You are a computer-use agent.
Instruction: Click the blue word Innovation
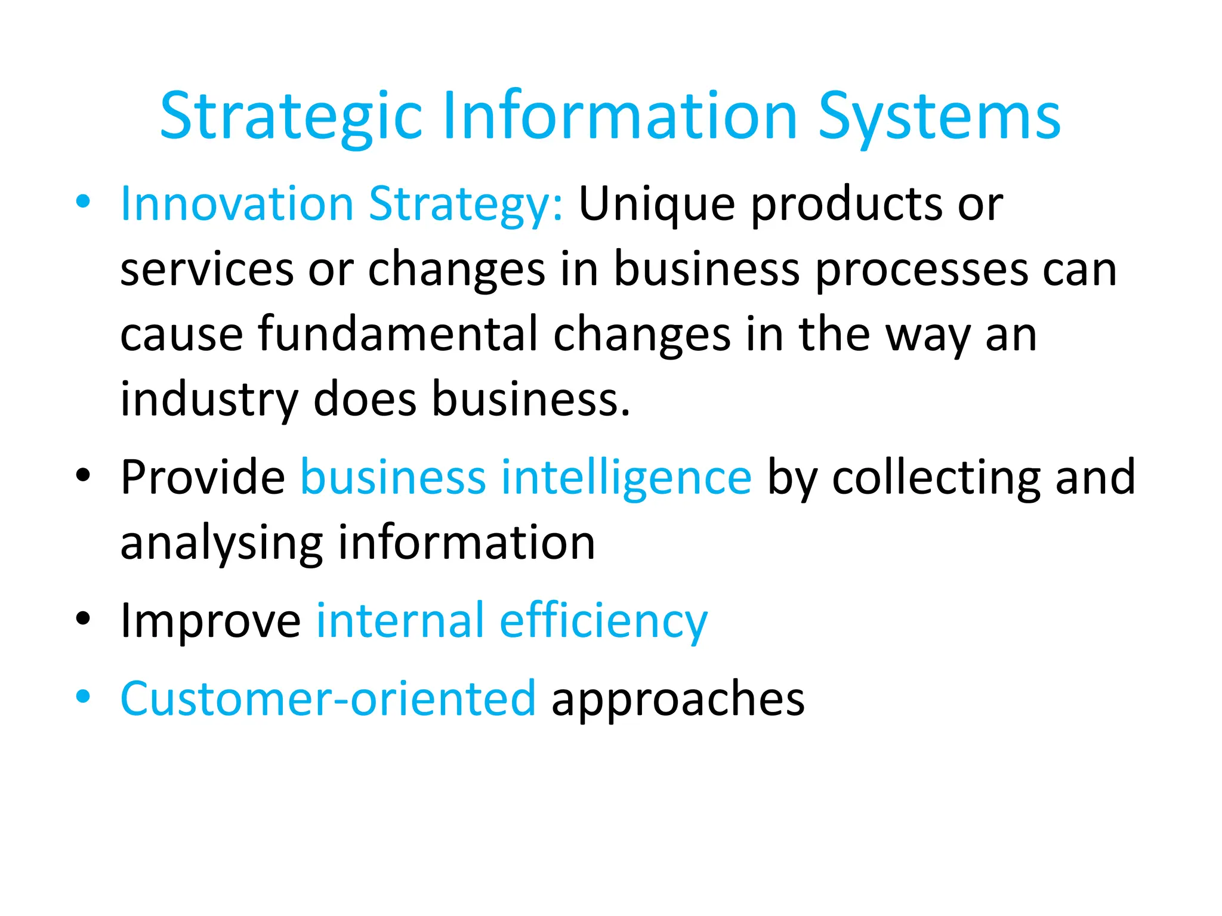click(x=237, y=204)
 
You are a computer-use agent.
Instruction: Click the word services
click(x=207, y=270)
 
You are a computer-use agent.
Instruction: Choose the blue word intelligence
click(x=626, y=478)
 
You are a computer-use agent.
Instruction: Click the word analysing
click(x=221, y=544)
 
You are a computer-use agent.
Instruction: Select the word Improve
click(x=211, y=621)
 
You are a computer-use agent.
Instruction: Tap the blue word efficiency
click(x=603, y=621)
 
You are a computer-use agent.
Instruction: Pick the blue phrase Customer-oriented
click(x=328, y=698)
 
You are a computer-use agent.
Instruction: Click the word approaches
click(x=678, y=700)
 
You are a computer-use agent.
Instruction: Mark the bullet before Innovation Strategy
click(x=83, y=202)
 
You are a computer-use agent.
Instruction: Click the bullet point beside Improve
click(x=83, y=618)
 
